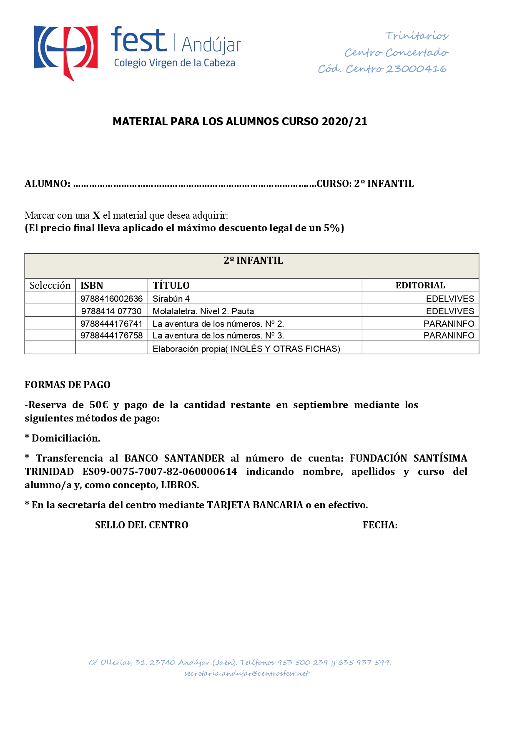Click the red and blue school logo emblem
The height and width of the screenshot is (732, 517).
pyautogui.click(x=66, y=52)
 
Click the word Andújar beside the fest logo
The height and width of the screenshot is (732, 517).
pyautogui.click(x=211, y=45)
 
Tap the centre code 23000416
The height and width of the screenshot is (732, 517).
pyautogui.click(x=416, y=69)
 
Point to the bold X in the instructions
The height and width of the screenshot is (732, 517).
pyautogui.click(x=96, y=215)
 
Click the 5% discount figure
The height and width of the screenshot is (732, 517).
pyautogui.click(x=332, y=228)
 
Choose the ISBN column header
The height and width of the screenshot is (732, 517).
pyautogui.click(x=92, y=285)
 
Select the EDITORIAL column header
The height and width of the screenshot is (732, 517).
pyautogui.click(x=420, y=285)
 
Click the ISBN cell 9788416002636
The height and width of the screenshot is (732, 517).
pyautogui.click(x=111, y=299)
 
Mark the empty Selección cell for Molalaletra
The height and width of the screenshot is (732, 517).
pyautogui.click(x=50, y=311)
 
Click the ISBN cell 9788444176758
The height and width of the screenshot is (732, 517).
pyautogui.click(x=111, y=336)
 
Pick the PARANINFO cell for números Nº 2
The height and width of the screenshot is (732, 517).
pyautogui.click(x=449, y=323)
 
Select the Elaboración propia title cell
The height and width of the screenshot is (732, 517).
pyautogui.click(x=246, y=349)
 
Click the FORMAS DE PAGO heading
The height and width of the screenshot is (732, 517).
pyautogui.click(x=68, y=385)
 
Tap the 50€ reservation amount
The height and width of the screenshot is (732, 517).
pyautogui.click(x=99, y=405)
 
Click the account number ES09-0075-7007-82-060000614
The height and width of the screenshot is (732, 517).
pyautogui.click(x=160, y=472)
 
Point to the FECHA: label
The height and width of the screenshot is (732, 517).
pyautogui.click(x=380, y=525)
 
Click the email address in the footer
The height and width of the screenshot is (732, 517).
pyautogui.click(x=247, y=674)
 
